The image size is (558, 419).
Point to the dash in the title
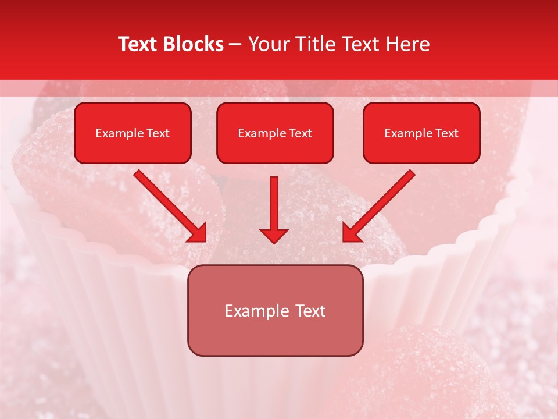point(235,45)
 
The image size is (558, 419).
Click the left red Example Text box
point(133,133)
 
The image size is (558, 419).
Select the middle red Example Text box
point(275,133)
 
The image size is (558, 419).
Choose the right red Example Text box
point(421,133)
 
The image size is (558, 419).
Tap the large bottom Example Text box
point(275,311)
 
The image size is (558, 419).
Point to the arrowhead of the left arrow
point(198,233)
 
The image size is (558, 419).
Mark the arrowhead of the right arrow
point(352,233)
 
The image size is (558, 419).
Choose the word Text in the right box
point(447,133)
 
